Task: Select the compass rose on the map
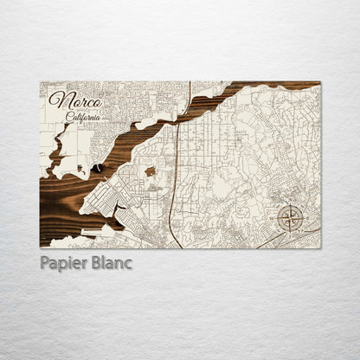coord(291,217)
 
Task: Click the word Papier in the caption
coord(64,262)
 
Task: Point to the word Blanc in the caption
coord(112,262)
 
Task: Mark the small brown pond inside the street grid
coord(150,171)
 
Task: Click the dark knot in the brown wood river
coord(98,167)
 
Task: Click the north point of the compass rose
coord(291,204)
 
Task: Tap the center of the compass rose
coord(291,217)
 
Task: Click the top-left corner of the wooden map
coord(41,82)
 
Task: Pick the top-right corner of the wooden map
coord(319,82)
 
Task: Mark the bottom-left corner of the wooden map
coord(41,247)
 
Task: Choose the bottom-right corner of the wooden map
coord(319,247)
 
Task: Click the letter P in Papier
coord(45,262)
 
